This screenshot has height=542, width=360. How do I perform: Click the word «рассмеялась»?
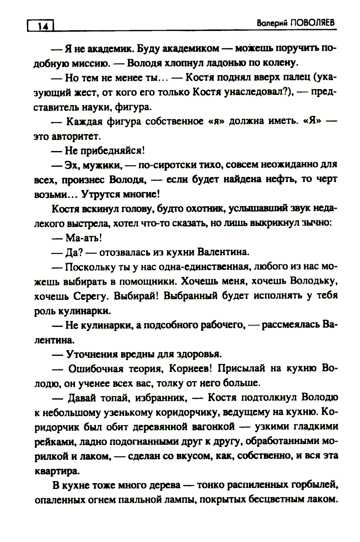coord(290,325)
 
